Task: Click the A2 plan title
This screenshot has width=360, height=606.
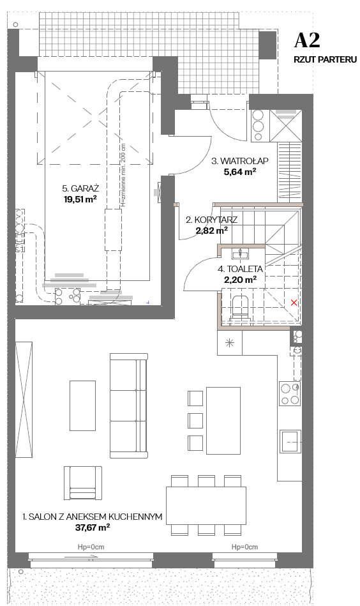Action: point(307,41)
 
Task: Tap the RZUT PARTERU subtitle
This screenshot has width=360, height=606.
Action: point(325,60)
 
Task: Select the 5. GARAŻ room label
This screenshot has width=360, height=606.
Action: point(80,188)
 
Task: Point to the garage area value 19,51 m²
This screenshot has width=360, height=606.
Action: point(80,199)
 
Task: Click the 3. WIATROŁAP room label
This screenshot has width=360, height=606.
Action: point(239,161)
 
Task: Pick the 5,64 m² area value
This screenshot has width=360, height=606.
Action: point(240,172)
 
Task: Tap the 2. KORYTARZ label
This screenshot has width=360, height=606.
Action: point(212,220)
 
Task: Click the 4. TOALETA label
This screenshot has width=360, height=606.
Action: point(240,269)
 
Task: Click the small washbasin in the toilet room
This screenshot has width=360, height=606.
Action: point(240,254)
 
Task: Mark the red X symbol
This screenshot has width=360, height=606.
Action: point(294,303)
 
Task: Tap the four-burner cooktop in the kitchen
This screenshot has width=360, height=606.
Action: point(290,393)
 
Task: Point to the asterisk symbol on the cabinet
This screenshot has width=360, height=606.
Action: point(230,343)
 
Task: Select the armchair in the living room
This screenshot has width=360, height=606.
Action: point(83,483)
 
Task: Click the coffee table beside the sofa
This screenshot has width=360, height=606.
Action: point(82,405)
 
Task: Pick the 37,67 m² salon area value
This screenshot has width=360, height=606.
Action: point(93,527)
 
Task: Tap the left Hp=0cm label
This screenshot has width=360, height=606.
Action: point(91,547)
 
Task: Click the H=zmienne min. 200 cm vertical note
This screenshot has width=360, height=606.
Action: point(123,176)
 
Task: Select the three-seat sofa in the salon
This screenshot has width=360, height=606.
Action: point(129,405)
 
